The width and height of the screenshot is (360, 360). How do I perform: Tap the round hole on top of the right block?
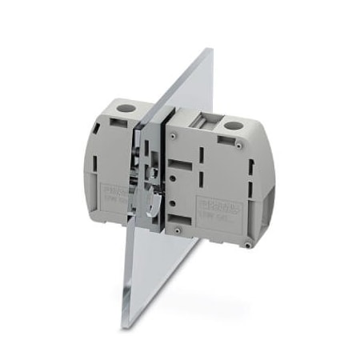(x=234, y=125)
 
